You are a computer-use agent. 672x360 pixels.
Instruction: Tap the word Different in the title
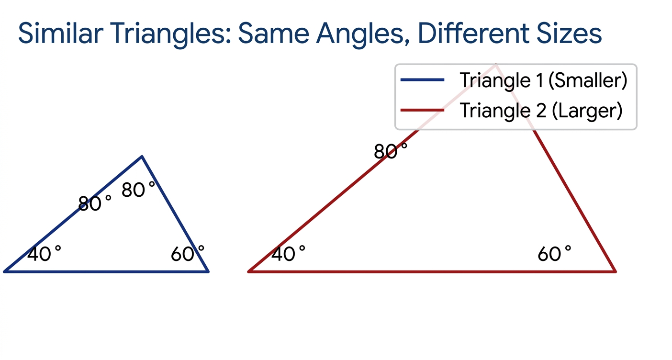coord(473,33)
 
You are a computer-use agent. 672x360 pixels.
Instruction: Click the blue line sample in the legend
coord(423,80)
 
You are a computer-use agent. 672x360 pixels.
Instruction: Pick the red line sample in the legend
coord(423,111)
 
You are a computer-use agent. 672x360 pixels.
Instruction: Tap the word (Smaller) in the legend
coord(588,80)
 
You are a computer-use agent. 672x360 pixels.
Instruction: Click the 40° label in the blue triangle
coord(44,254)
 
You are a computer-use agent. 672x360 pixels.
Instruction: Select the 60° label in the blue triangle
coord(188,254)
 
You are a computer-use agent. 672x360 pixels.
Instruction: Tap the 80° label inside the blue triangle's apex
coord(138,190)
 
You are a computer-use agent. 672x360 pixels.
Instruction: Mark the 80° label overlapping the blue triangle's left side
coord(94,203)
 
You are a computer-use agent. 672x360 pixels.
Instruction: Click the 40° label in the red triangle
coord(288,254)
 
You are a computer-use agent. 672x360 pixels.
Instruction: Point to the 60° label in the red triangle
coord(554,254)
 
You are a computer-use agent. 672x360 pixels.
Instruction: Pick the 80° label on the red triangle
coord(391,151)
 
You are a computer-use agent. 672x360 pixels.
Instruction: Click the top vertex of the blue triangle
coord(142,156)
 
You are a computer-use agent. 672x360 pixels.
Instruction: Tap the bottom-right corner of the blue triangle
coord(208,271)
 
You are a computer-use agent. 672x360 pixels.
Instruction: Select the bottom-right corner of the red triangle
coord(616,271)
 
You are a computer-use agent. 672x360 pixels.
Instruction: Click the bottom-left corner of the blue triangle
coord(4,271)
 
